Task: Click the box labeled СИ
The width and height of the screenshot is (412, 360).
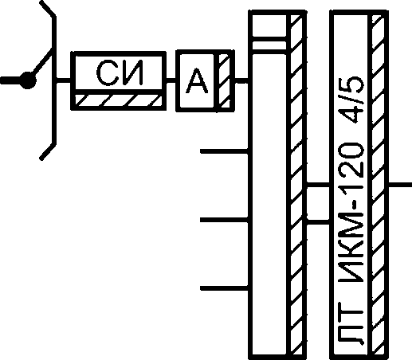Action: (x=119, y=80)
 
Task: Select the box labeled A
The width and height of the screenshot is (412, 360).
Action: (x=206, y=80)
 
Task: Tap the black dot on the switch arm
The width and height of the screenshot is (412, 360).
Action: (x=27, y=80)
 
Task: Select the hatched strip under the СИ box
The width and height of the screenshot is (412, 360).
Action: (x=119, y=100)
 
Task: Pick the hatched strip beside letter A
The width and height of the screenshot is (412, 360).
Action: (x=224, y=80)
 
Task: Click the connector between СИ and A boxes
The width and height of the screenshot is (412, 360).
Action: (x=171, y=80)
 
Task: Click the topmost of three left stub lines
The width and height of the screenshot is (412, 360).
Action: (x=224, y=151)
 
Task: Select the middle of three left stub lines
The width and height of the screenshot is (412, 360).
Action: (x=224, y=220)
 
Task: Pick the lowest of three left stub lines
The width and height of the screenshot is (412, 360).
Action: (x=224, y=288)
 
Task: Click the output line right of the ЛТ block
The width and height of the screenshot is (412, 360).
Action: (x=400, y=185)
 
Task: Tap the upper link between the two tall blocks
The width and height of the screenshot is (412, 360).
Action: (x=318, y=185)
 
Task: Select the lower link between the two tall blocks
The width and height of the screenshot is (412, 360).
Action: (x=318, y=222)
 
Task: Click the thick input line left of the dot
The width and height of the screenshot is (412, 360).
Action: (x=10, y=80)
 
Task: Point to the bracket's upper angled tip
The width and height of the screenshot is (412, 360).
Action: (x=41, y=2)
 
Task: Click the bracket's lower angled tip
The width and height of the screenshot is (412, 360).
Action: (x=41, y=158)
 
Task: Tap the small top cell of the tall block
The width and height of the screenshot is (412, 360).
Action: (x=269, y=25)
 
